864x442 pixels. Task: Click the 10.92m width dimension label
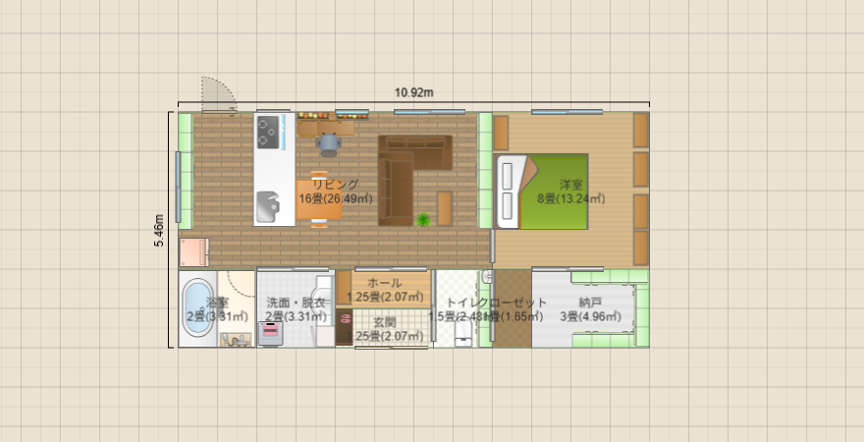click(x=414, y=93)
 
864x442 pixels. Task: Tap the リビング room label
click(x=336, y=185)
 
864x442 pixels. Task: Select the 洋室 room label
click(x=571, y=185)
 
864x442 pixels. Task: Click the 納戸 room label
click(x=590, y=303)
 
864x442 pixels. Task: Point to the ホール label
click(x=384, y=283)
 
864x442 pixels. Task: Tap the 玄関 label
click(x=384, y=322)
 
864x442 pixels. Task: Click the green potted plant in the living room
click(x=424, y=220)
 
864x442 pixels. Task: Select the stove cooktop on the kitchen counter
click(x=268, y=132)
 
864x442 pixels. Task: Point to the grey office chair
click(x=328, y=144)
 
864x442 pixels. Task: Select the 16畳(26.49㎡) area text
click(x=336, y=199)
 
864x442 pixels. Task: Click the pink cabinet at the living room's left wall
click(x=193, y=252)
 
